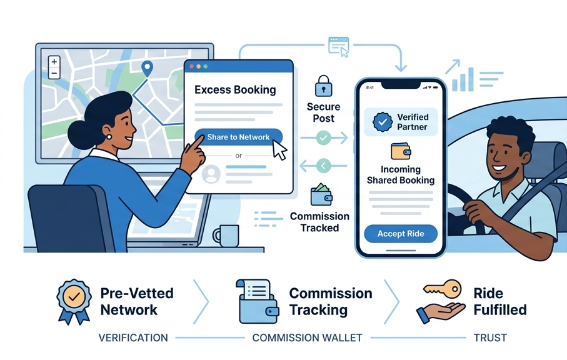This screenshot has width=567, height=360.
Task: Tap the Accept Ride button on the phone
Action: click(x=401, y=234)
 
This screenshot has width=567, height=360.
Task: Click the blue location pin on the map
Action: click(x=148, y=69)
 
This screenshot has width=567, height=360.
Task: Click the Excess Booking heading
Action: click(x=235, y=89)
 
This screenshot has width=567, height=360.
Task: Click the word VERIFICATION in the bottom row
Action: click(x=133, y=338)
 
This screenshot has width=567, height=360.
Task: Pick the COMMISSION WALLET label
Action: click(x=307, y=338)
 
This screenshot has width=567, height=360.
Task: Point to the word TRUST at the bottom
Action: click(x=490, y=338)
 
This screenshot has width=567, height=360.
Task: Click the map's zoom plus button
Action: click(x=54, y=62)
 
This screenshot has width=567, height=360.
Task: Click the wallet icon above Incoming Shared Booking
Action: click(x=400, y=152)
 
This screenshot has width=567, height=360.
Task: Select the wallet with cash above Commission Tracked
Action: click(x=320, y=195)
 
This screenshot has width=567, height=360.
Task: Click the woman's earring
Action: click(x=108, y=136)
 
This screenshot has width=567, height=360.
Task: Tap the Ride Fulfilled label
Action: click(x=499, y=301)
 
